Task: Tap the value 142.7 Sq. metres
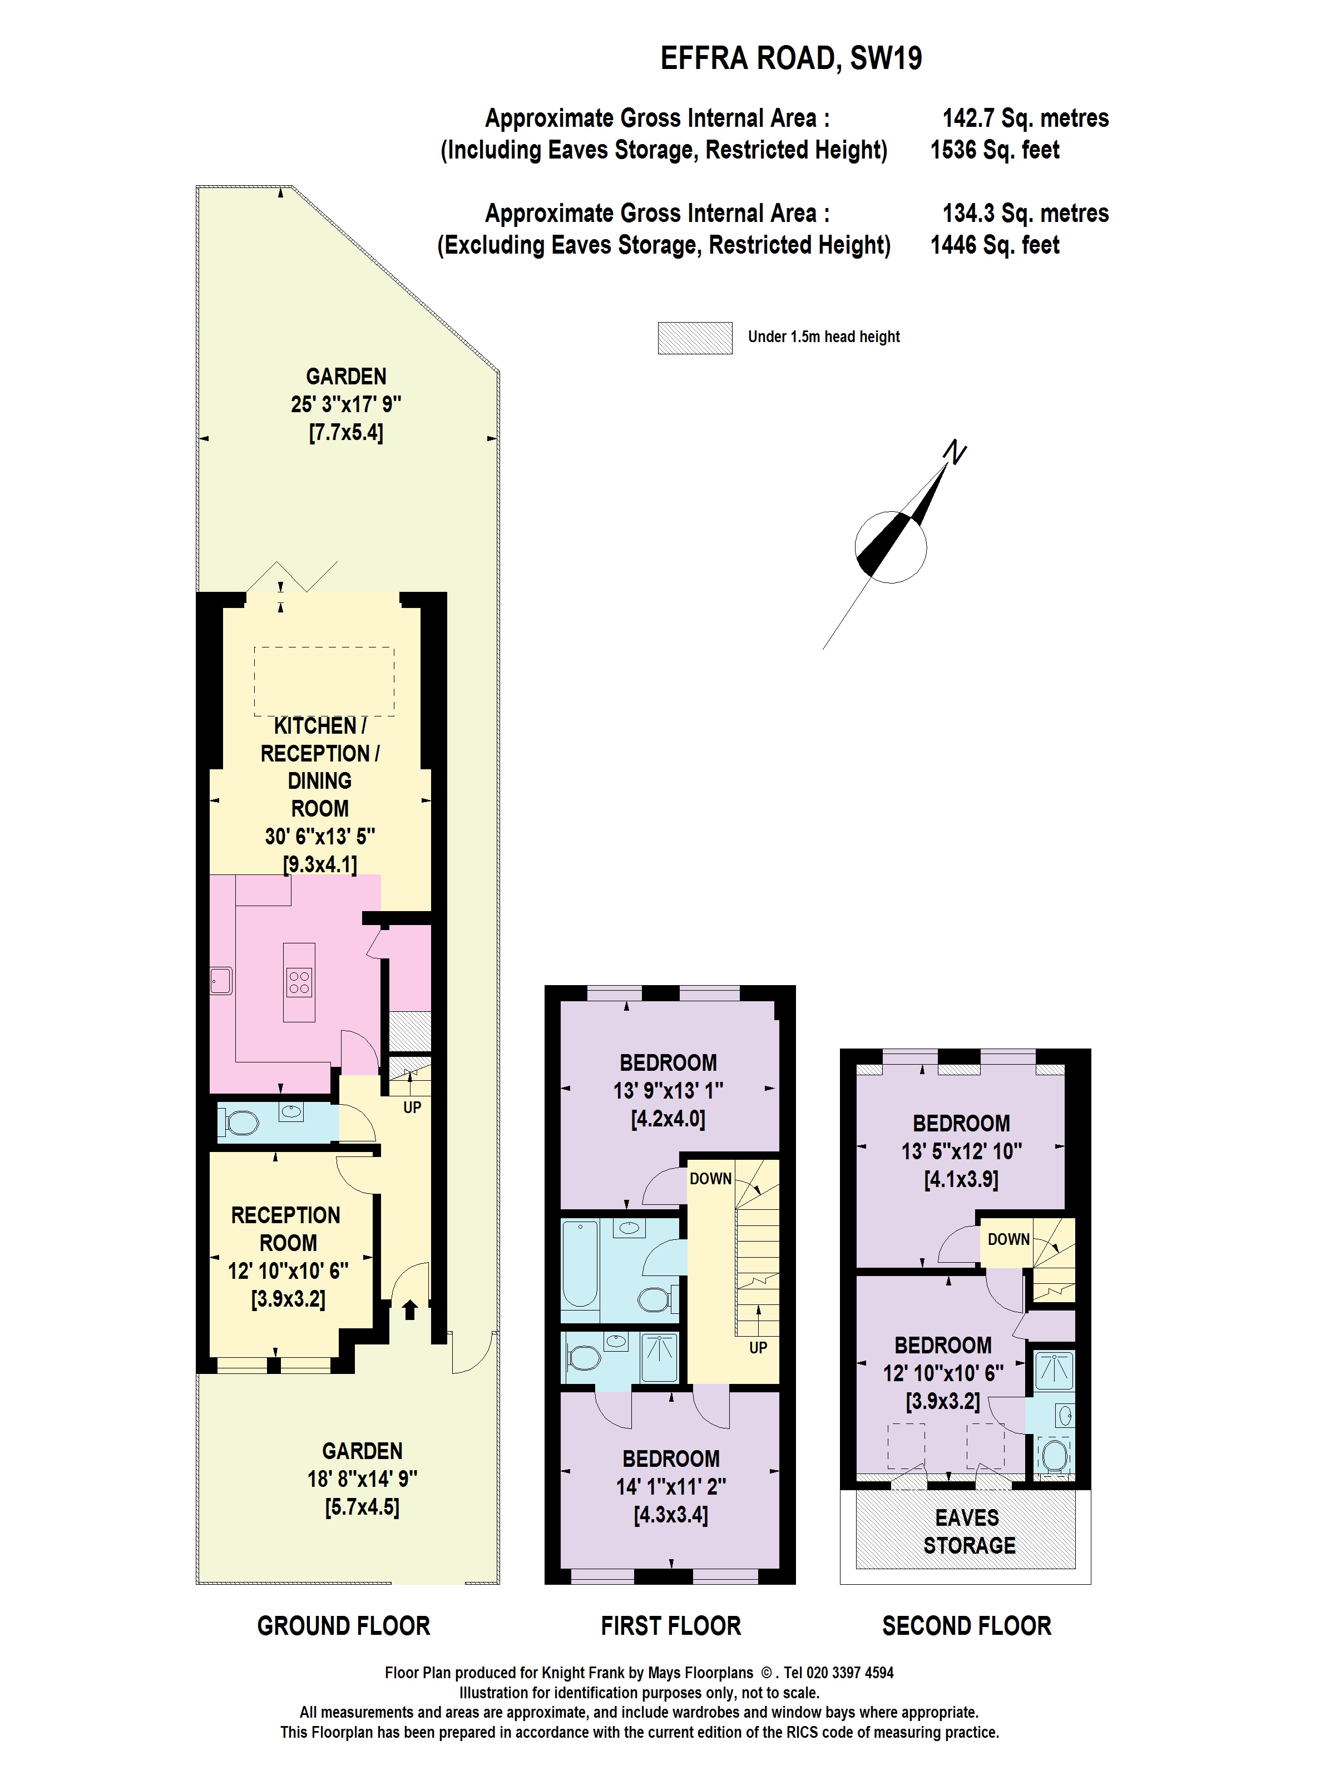1025,118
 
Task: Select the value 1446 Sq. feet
994,245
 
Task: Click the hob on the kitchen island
299,982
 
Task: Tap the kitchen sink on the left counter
220,981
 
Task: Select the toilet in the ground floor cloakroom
241,1122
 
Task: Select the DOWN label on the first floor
710,1179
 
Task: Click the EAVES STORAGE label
968,1531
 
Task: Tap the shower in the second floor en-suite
1054,1371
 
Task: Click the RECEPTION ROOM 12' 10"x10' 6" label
286,1243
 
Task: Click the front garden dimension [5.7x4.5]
362,1507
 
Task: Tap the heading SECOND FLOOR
966,1625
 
